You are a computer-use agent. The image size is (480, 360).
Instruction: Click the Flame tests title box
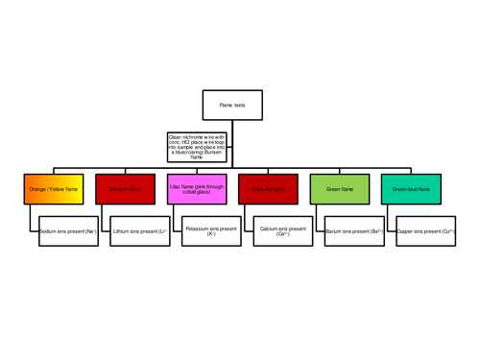[232, 105]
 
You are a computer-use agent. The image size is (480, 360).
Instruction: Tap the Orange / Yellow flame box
[55, 189]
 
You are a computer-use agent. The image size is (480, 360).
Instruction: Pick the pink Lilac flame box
[198, 189]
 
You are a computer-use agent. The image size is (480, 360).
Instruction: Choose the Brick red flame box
[270, 189]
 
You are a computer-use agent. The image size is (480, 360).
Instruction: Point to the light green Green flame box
[341, 189]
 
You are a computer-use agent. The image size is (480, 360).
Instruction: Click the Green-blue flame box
[412, 189]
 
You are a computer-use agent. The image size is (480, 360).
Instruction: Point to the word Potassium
[199, 228]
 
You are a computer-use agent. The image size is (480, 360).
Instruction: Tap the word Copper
[406, 231]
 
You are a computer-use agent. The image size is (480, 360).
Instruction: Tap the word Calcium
[268, 228]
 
